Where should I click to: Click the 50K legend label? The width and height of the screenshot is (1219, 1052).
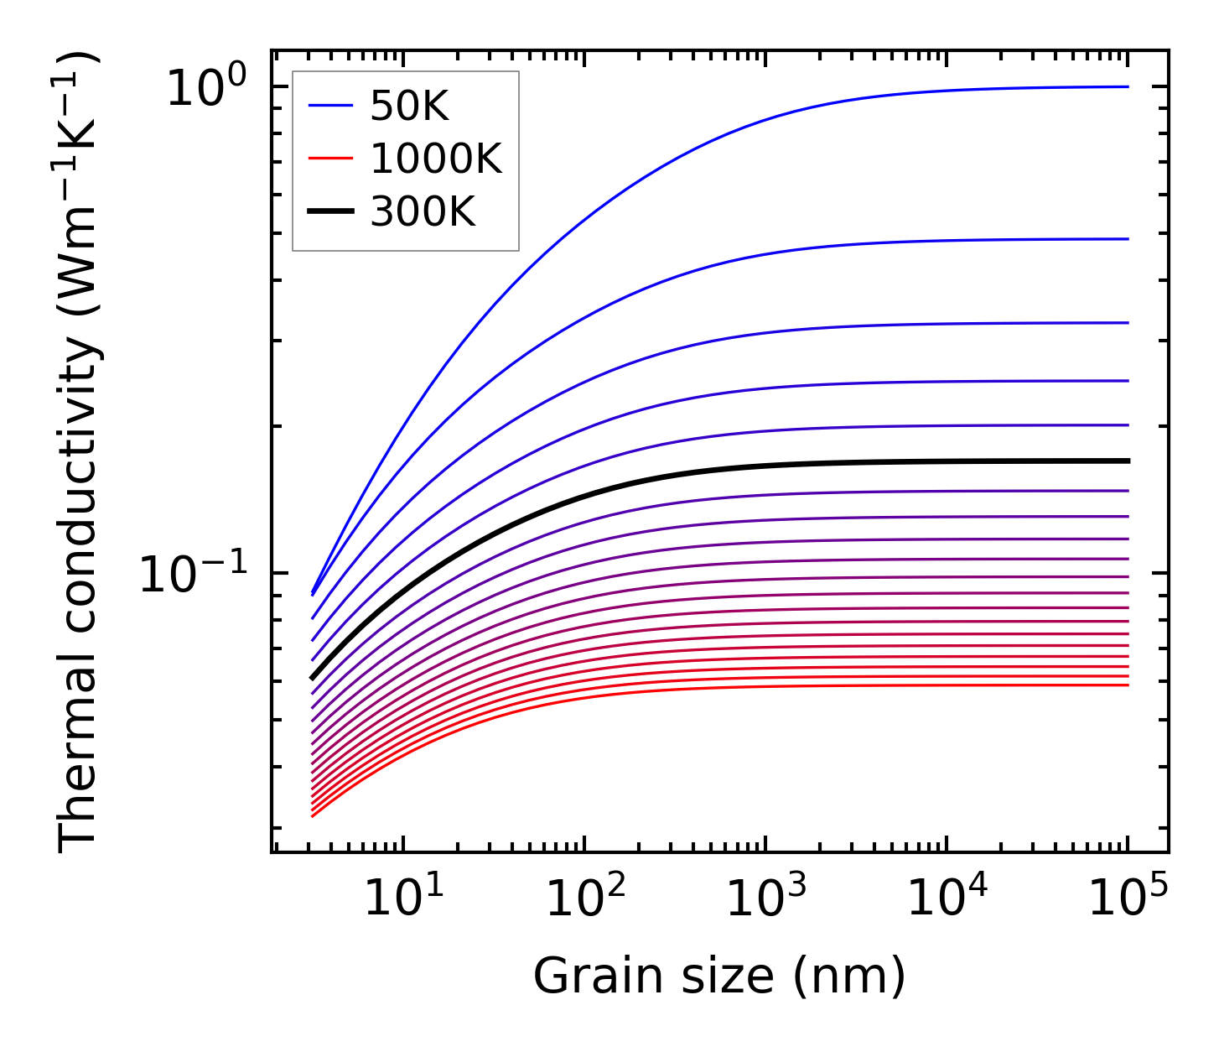click(x=409, y=107)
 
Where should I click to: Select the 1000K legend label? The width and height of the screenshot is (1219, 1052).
click(x=436, y=159)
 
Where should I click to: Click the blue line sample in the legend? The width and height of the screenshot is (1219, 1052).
click(x=331, y=107)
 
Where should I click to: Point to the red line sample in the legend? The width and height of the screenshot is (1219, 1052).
click(x=331, y=159)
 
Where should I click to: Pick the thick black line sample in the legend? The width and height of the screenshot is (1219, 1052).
click(x=331, y=212)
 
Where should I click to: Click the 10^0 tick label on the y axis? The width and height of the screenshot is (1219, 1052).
click(x=206, y=88)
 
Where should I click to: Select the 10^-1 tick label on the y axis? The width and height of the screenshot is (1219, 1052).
click(x=194, y=575)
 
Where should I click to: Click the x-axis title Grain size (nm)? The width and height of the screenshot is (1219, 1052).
click(x=719, y=976)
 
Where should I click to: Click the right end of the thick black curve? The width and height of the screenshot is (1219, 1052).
click(x=1127, y=461)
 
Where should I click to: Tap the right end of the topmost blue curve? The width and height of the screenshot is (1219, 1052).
click(x=1127, y=86)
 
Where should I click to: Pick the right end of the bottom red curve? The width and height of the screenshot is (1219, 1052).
click(x=1127, y=685)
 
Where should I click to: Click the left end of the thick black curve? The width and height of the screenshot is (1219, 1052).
click(x=313, y=677)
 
